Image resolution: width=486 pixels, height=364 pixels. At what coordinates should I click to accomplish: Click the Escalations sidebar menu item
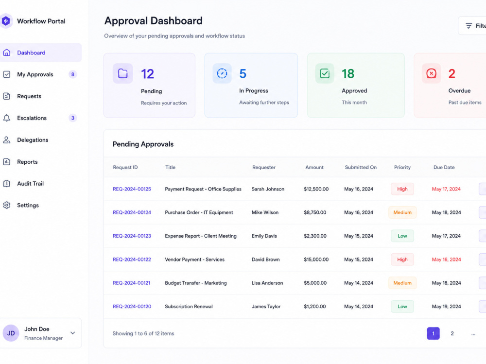pyautogui.click(x=32, y=118)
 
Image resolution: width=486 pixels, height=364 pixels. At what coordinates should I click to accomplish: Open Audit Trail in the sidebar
pyautogui.click(x=30, y=184)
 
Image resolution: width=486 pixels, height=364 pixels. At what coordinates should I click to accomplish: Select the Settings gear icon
pyautogui.click(x=7, y=205)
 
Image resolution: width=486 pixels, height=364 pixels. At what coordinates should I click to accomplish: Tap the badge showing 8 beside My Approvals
pyautogui.click(x=72, y=74)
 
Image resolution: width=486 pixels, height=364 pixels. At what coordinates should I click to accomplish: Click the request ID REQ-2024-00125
pyautogui.click(x=132, y=189)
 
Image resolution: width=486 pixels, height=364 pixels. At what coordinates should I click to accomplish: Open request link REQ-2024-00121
pyautogui.click(x=131, y=283)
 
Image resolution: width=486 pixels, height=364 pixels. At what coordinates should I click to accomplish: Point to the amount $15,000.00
pyautogui.click(x=316, y=260)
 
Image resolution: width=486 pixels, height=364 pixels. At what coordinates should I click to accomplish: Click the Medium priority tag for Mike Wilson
pyautogui.click(x=402, y=212)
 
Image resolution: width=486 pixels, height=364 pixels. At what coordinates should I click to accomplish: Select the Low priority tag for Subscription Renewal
pyautogui.click(x=402, y=306)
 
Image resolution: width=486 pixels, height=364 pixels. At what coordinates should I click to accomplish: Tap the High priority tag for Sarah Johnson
pyautogui.click(x=402, y=189)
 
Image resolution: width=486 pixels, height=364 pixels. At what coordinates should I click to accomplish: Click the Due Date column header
pyautogui.click(x=444, y=168)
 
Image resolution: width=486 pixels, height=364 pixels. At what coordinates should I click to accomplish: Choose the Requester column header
pyautogui.click(x=264, y=168)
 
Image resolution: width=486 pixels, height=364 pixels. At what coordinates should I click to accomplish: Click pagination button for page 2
pyautogui.click(x=452, y=333)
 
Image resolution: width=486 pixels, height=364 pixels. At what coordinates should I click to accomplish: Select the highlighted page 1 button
pyautogui.click(x=434, y=333)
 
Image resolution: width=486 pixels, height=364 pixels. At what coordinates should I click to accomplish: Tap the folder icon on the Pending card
pyautogui.click(x=123, y=73)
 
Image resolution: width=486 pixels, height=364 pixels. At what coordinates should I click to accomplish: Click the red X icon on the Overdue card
pyautogui.click(x=431, y=73)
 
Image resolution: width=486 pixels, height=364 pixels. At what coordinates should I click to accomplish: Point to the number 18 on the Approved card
pyautogui.click(x=348, y=74)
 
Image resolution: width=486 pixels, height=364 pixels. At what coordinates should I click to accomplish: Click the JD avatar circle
pyautogui.click(x=11, y=333)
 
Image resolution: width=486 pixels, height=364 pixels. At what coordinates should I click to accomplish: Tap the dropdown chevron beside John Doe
pyautogui.click(x=72, y=333)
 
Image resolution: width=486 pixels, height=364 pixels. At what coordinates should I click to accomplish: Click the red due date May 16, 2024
pyautogui.click(x=446, y=260)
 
